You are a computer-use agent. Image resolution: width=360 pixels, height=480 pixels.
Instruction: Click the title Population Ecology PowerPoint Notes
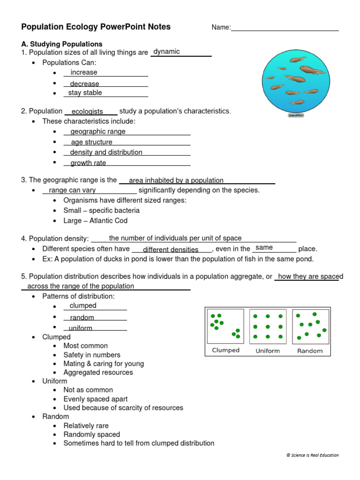96,27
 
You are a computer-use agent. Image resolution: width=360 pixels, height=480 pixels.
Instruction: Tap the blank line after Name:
285,28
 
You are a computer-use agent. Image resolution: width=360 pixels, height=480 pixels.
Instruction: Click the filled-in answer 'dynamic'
166,52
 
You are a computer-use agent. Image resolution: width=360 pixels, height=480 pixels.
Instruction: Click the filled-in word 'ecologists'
87,112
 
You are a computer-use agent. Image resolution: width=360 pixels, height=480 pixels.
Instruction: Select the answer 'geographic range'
98,132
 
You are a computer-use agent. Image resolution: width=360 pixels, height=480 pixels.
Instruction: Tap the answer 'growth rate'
88,163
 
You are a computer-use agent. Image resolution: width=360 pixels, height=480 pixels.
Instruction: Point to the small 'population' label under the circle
296,115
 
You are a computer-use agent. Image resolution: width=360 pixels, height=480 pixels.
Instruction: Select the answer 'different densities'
171,250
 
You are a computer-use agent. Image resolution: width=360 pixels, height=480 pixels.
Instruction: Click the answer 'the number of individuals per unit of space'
175,239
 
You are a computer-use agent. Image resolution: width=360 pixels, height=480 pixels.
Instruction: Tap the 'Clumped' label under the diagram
226,350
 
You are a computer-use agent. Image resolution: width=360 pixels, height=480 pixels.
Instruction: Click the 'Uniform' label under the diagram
268,351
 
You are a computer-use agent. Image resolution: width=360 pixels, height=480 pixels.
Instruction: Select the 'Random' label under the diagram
310,351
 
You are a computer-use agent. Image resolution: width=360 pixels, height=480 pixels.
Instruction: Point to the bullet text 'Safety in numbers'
92,355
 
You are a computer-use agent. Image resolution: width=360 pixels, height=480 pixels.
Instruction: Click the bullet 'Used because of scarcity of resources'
123,408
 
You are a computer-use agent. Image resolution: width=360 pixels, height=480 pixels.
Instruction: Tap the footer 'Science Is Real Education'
312,455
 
